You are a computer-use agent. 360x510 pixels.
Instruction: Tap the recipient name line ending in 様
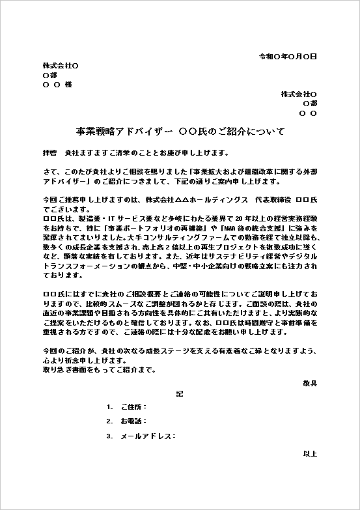(57, 85)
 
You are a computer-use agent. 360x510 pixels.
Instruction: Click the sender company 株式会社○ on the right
(298, 94)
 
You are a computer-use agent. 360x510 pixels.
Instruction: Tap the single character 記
(180, 394)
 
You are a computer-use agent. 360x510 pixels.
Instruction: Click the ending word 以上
(310, 453)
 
